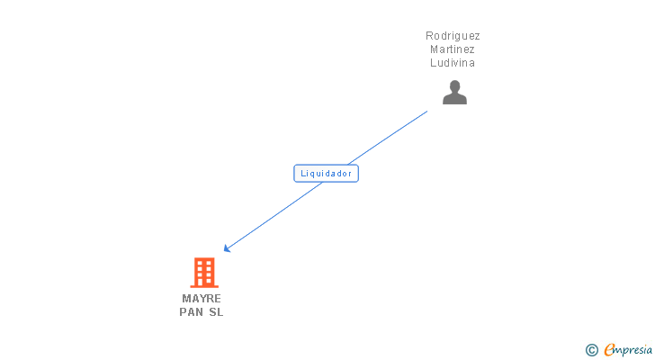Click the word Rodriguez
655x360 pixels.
click(453, 36)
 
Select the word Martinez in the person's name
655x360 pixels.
click(453, 49)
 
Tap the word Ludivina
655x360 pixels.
click(453, 63)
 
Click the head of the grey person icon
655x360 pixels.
click(455, 86)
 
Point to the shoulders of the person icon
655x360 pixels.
click(455, 99)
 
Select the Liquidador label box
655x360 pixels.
click(327, 174)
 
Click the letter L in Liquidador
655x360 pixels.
click(303, 174)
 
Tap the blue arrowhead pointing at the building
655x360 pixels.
click(227, 248)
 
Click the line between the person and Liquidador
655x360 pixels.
click(388, 138)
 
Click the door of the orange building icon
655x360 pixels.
click(204, 283)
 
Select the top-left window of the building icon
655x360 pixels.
click(200, 263)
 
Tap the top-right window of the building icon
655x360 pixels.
click(209, 263)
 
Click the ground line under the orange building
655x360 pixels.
click(204, 287)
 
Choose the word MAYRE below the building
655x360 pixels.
click(202, 299)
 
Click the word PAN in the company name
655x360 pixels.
click(192, 312)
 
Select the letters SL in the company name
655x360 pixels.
click(216, 312)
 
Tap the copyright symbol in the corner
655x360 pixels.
click(592, 350)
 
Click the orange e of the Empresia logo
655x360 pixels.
click(609, 349)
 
